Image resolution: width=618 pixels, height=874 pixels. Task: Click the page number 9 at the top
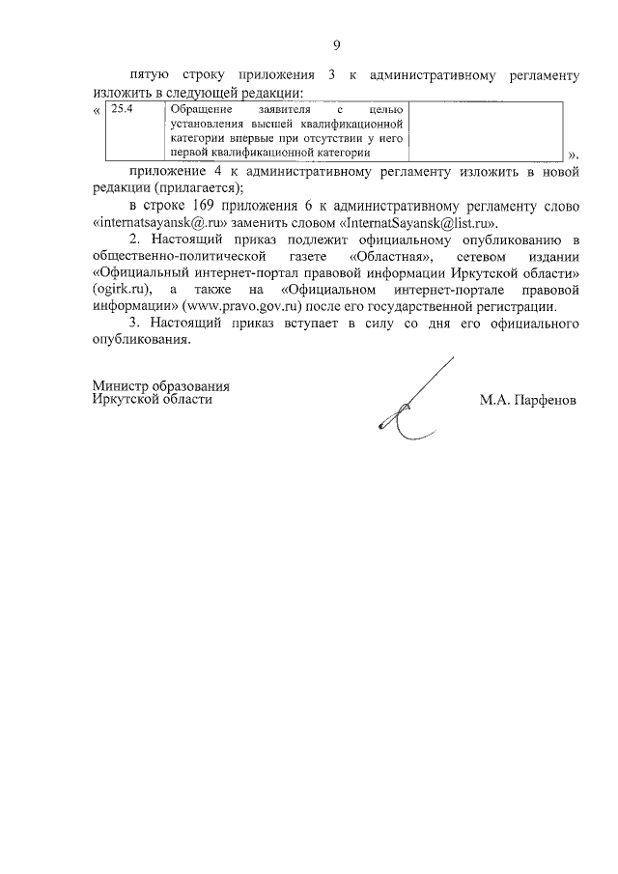336,44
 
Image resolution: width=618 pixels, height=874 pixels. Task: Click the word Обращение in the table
189,109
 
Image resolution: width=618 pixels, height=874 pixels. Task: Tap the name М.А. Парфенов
527,399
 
